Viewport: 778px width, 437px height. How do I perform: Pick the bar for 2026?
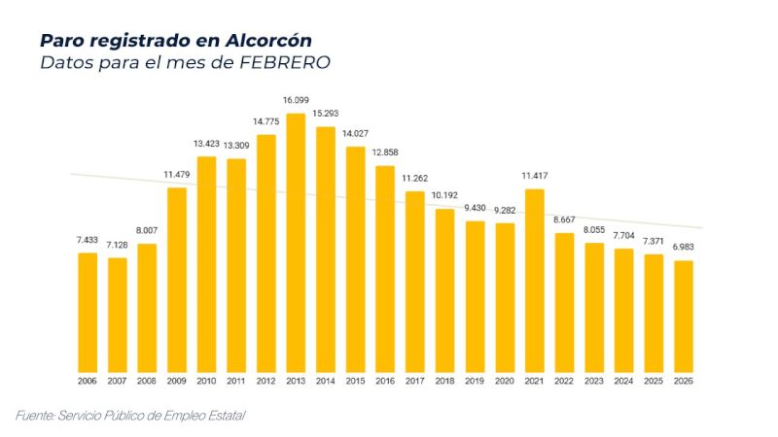(x=683, y=315)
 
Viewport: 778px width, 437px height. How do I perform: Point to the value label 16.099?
(x=296, y=100)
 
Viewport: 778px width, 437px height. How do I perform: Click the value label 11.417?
(x=534, y=176)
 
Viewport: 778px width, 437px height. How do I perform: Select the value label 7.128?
(x=117, y=245)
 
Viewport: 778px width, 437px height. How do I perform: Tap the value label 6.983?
(x=683, y=247)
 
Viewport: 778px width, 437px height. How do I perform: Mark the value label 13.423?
(x=206, y=144)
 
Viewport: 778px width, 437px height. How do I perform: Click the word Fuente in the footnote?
(x=35, y=416)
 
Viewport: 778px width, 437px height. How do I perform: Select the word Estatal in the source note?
(x=225, y=416)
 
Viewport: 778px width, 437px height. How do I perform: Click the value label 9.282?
(x=504, y=210)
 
